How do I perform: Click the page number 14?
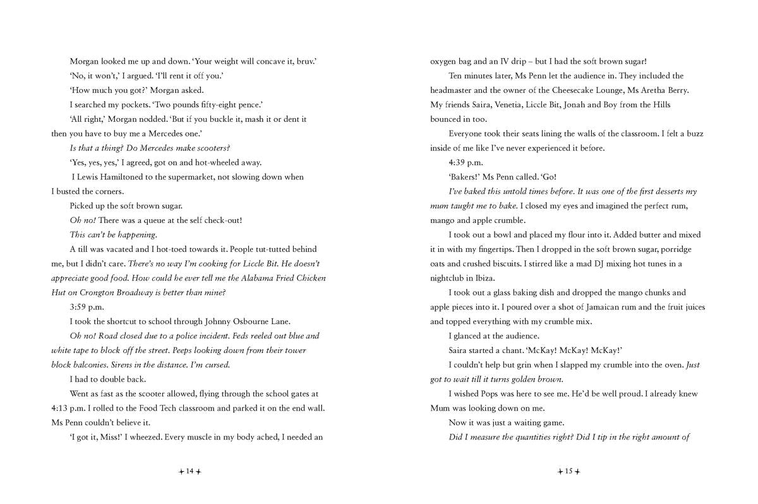click(189, 471)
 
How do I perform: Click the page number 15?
click(568, 471)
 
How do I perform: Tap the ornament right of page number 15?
click(577, 471)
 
